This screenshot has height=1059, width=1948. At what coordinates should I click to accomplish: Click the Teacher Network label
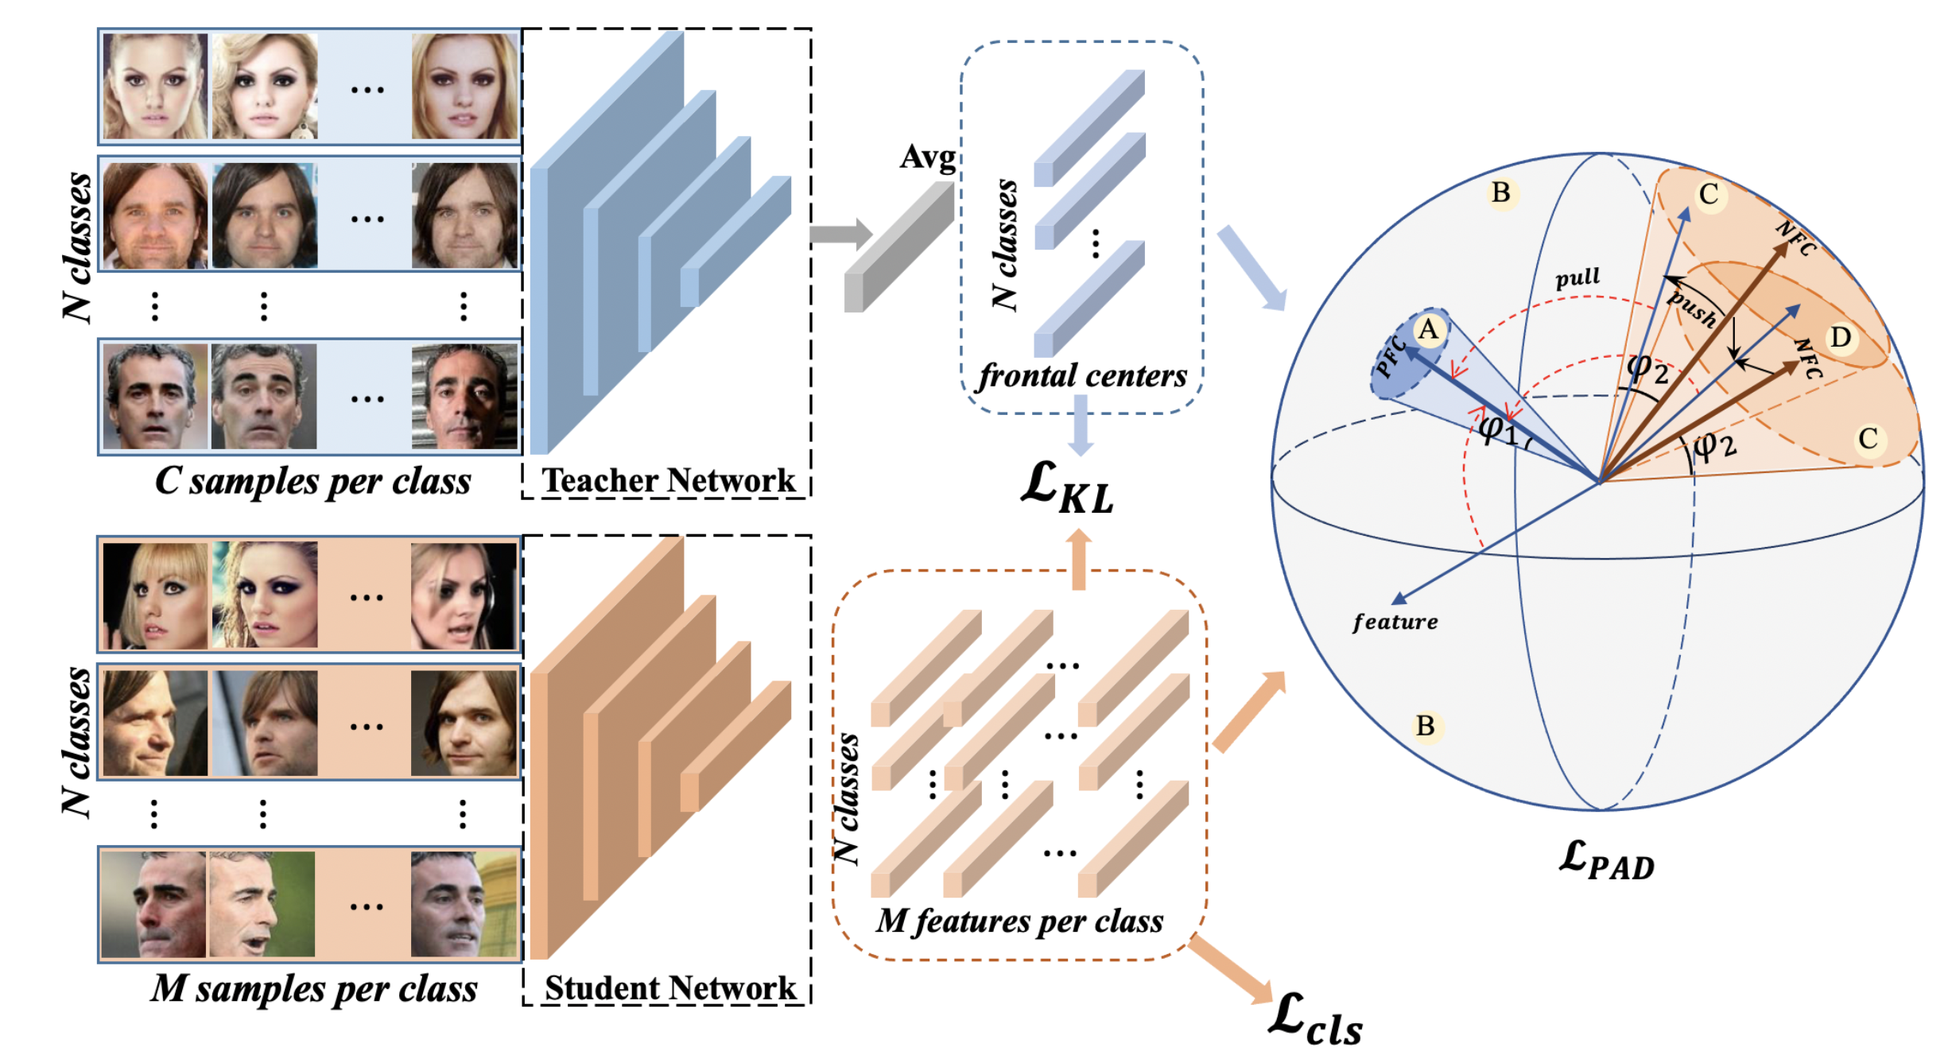click(x=668, y=480)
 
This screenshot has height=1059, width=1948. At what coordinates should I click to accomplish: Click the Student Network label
click(x=669, y=988)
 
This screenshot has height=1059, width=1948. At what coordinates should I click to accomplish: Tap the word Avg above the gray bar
click(x=927, y=157)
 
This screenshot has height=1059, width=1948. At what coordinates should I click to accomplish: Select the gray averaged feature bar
click(x=898, y=247)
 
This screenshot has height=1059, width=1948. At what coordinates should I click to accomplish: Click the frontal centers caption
click(x=1082, y=376)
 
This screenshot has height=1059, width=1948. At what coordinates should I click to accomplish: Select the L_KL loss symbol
click(x=1067, y=487)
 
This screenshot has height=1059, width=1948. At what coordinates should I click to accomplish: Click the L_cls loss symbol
click(x=1315, y=1021)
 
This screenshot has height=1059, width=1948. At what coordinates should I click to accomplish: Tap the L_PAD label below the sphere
click(x=1606, y=861)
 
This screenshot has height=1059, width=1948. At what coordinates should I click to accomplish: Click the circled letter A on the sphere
click(x=1429, y=329)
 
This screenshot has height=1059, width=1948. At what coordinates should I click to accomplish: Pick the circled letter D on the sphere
click(x=1840, y=337)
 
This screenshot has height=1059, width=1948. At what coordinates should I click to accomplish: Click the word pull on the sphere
click(x=1577, y=278)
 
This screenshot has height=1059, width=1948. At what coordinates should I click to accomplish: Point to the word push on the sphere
click(x=1692, y=309)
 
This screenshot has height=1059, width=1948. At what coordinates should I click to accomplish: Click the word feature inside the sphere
click(x=1395, y=622)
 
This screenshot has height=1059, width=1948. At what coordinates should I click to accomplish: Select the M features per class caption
click(x=1019, y=921)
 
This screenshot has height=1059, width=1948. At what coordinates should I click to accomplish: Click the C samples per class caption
click(x=312, y=481)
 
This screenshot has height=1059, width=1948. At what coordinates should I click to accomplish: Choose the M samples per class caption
click(x=314, y=989)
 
